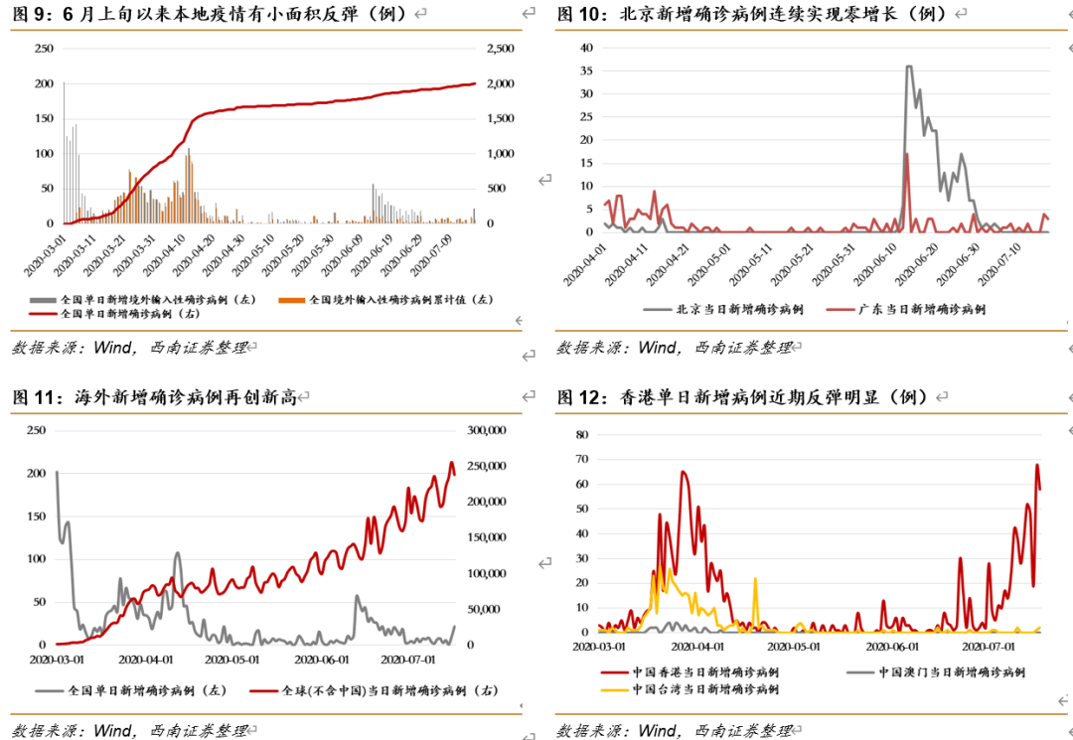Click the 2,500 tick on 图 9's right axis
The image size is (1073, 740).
pyautogui.click(x=500, y=49)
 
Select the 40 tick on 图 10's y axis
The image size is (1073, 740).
pyautogui.click(x=586, y=48)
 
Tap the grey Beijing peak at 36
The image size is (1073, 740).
pyautogui.click(x=908, y=67)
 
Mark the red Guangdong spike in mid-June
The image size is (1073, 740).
pyautogui.click(x=907, y=154)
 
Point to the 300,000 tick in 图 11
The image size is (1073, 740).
pyautogui.click(x=488, y=430)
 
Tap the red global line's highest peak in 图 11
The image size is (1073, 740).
pyautogui.click(x=452, y=463)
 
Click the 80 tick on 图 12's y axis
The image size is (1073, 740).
pyautogui.click(x=583, y=435)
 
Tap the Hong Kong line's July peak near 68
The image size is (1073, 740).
pyautogui.click(x=1037, y=465)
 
